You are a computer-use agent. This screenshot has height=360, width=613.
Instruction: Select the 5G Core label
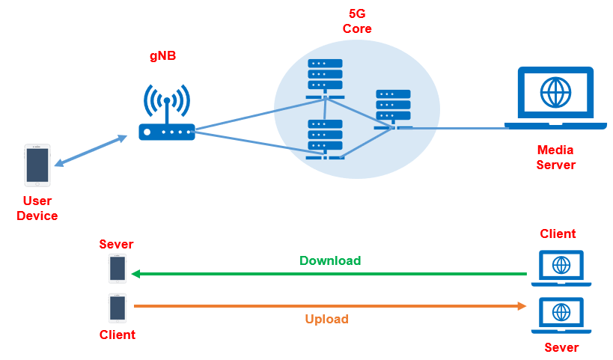click(357, 22)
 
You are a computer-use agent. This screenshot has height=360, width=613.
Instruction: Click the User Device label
click(37, 208)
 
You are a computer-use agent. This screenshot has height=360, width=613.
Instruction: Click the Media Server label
click(556, 157)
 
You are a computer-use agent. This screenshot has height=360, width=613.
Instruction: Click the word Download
click(330, 261)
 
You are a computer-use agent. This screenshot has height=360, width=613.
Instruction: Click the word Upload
click(326, 319)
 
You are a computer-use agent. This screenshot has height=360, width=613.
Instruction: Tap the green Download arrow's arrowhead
click(136, 274)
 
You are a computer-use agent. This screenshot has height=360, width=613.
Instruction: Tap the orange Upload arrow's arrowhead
click(522, 305)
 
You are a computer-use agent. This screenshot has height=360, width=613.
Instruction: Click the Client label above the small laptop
click(558, 234)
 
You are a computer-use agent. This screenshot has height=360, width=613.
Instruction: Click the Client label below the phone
click(118, 335)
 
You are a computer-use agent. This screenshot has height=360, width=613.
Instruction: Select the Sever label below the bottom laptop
click(561, 348)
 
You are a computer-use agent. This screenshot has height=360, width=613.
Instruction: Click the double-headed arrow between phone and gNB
click(90, 151)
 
